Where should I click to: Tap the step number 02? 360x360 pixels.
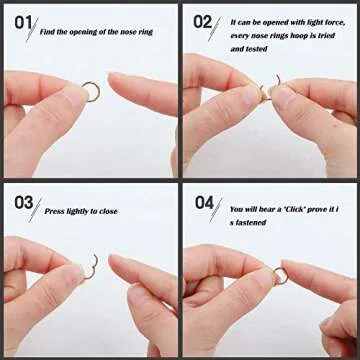click(203, 21)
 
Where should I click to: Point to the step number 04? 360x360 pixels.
click(204, 202)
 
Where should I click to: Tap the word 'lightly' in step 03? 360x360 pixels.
click(79, 212)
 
